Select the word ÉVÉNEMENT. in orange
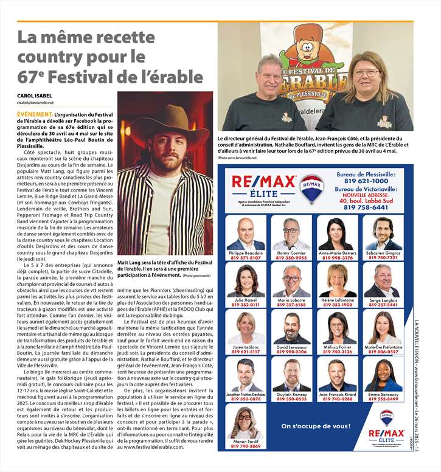pos(35,114)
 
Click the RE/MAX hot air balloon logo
pos(311,187)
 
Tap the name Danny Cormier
pos(291,252)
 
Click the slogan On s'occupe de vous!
pos(307,426)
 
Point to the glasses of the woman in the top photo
pos(366,73)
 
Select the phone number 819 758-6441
pos(366,207)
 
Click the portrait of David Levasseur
pos(291,328)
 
